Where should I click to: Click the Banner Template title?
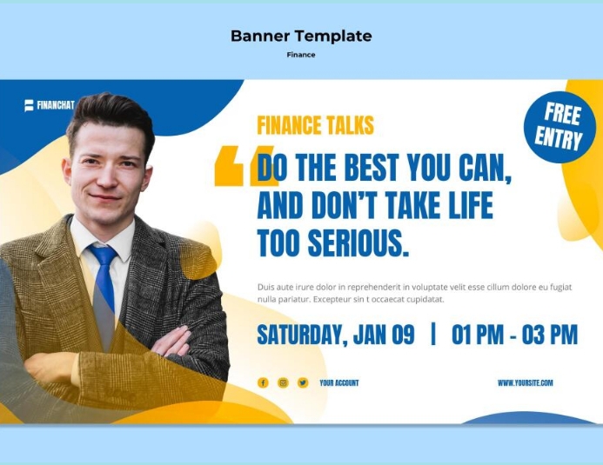click(301, 36)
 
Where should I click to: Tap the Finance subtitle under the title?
click(301, 55)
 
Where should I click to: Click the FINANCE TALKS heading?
click(315, 125)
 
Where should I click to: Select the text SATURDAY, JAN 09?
click(336, 335)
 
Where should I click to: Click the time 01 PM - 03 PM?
click(514, 335)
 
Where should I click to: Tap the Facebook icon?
click(263, 382)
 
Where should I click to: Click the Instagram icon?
click(283, 382)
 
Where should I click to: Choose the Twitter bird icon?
click(303, 382)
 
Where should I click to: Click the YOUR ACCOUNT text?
click(338, 382)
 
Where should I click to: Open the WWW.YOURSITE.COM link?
click(525, 382)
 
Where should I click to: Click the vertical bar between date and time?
click(433, 335)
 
